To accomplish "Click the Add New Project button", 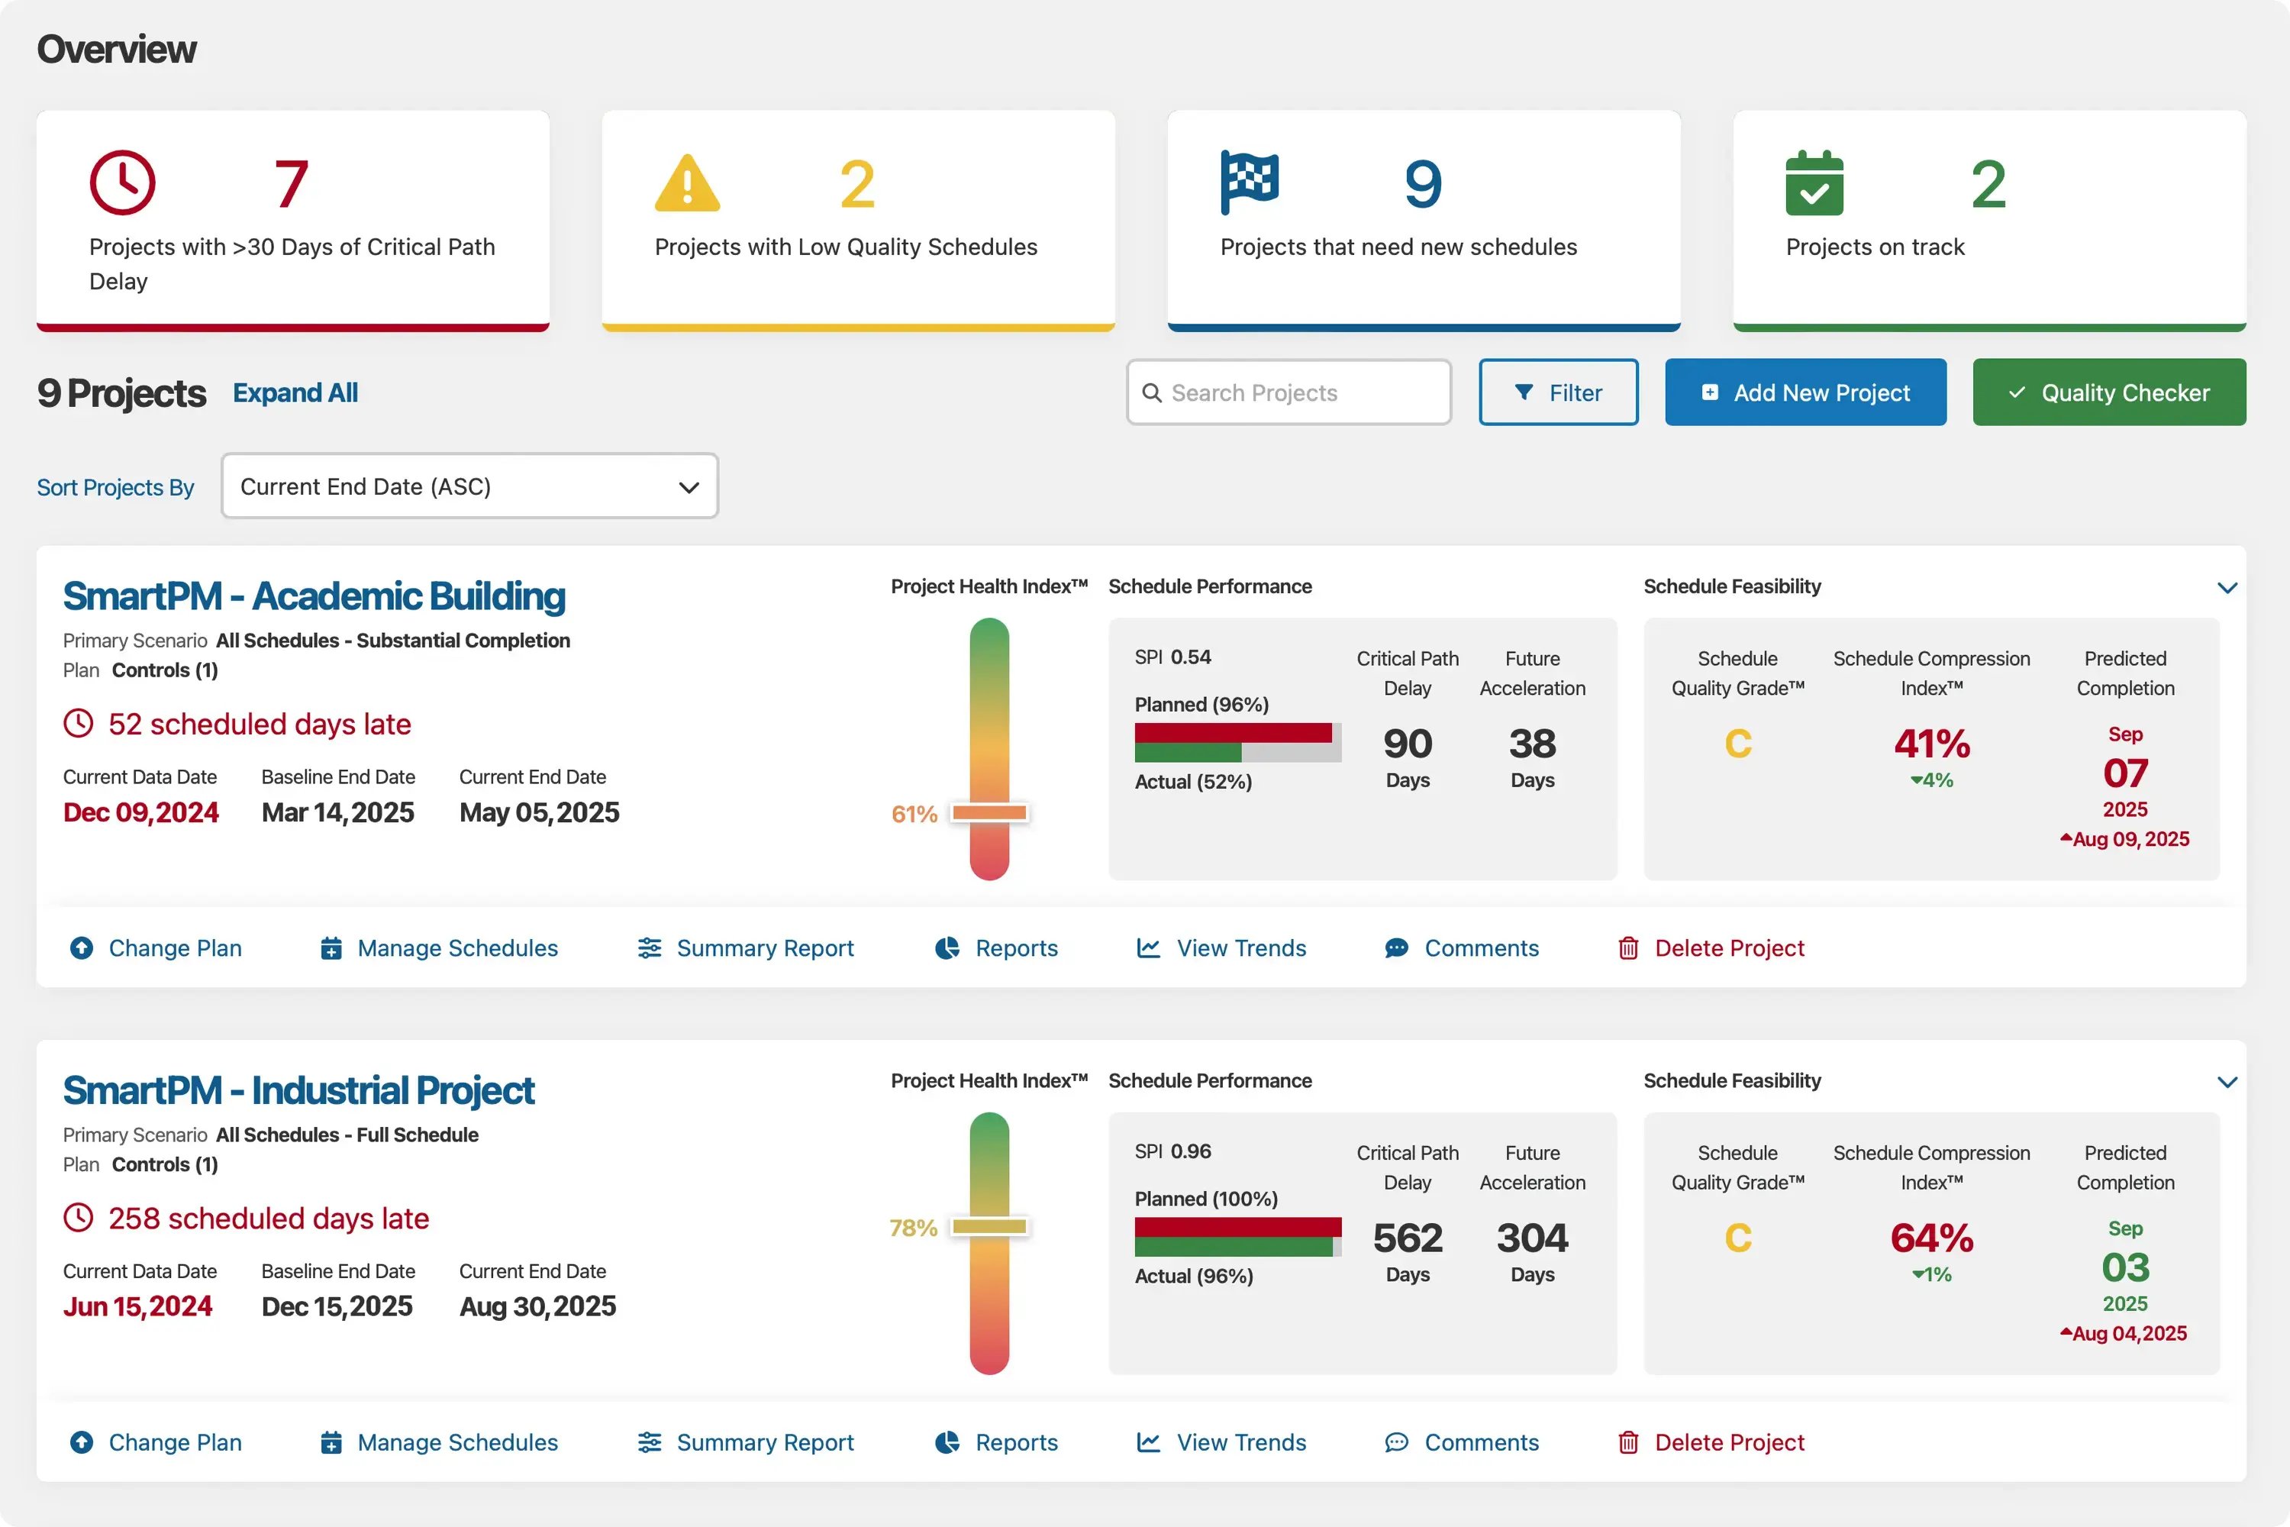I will coord(1805,392).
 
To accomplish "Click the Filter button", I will coord(1558,392).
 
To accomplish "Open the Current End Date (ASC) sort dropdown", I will coord(469,486).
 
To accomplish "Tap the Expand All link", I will coord(295,392).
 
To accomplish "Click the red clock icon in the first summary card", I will coord(123,182).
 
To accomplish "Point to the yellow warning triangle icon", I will coord(688,184).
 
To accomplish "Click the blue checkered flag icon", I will coord(1249,182).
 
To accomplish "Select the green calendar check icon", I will coord(1814,183).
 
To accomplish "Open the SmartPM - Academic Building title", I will coord(314,596).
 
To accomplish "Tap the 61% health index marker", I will coord(989,812).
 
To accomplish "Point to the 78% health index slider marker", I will coord(989,1226).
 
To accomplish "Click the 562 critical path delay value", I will coord(1407,1238).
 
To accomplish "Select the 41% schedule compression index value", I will coord(1932,744).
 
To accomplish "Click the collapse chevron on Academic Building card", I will coord(2227,587).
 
